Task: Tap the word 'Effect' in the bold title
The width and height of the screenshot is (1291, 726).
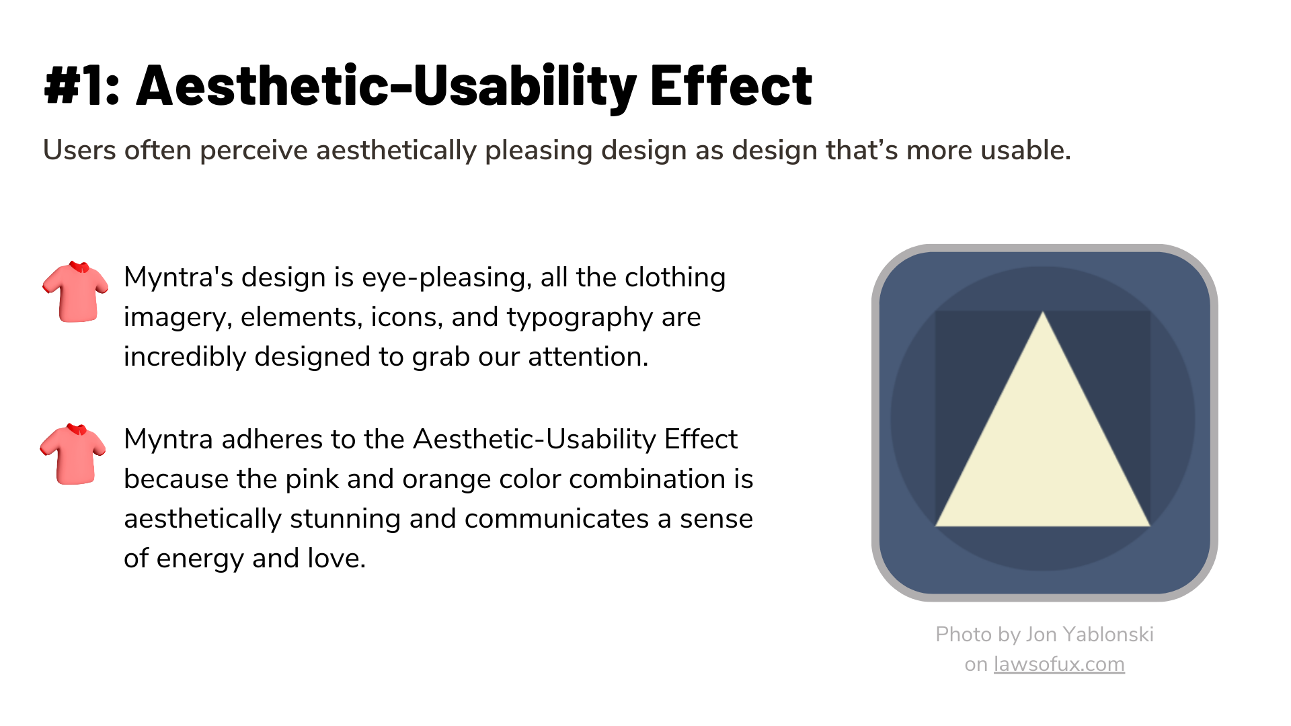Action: tap(732, 85)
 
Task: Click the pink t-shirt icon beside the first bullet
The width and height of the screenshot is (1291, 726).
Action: tap(75, 292)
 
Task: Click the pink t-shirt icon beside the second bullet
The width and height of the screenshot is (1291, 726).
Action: tap(73, 454)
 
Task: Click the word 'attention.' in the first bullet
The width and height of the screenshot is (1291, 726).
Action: tap(588, 356)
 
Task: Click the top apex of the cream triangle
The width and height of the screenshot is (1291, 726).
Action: tap(1043, 312)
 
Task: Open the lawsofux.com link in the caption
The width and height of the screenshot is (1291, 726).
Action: tap(1059, 664)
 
